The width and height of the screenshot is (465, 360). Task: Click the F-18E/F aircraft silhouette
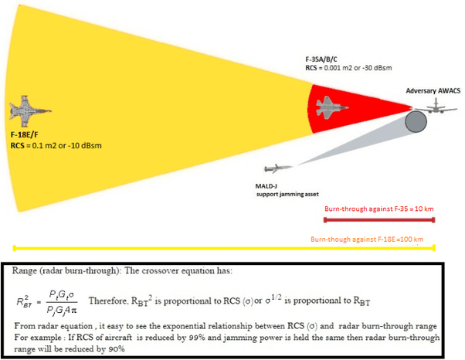click(29, 111)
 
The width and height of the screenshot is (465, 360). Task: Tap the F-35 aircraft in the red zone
click(331, 107)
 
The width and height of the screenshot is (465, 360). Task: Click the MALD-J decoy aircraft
click(278, 168)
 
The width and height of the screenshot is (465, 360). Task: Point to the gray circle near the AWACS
click(416, 121)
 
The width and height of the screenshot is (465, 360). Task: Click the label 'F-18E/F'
click(24, 135)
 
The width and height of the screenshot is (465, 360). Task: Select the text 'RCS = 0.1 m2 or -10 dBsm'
click(56, 145)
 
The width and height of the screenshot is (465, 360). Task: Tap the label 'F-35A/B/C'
click(321, 59)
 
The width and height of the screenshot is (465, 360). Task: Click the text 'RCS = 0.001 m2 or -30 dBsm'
click(348, 68)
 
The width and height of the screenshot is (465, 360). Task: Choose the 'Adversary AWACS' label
click(433, 90)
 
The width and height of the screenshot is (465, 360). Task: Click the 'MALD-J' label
click(266, 186)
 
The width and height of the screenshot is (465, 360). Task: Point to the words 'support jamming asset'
click(287, 194)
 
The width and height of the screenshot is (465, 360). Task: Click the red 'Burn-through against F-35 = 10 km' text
click(379, 209)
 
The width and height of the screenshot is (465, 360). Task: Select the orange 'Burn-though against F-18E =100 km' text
click(367, 239)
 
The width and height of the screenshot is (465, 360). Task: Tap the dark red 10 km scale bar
click(379, 219)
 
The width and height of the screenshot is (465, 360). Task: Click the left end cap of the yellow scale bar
click(14, 248)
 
